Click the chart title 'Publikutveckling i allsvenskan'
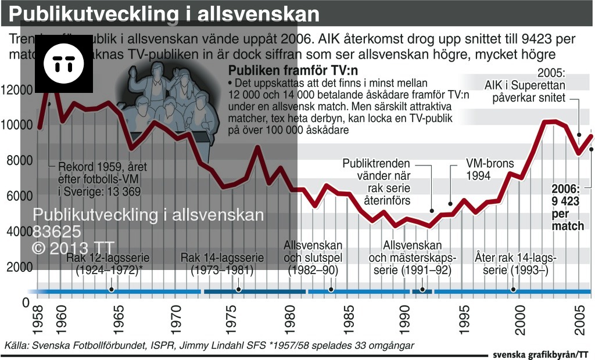164,14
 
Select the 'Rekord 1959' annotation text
102,178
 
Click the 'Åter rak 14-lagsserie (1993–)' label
515,264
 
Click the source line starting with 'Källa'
209,345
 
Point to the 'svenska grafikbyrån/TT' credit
540,354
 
